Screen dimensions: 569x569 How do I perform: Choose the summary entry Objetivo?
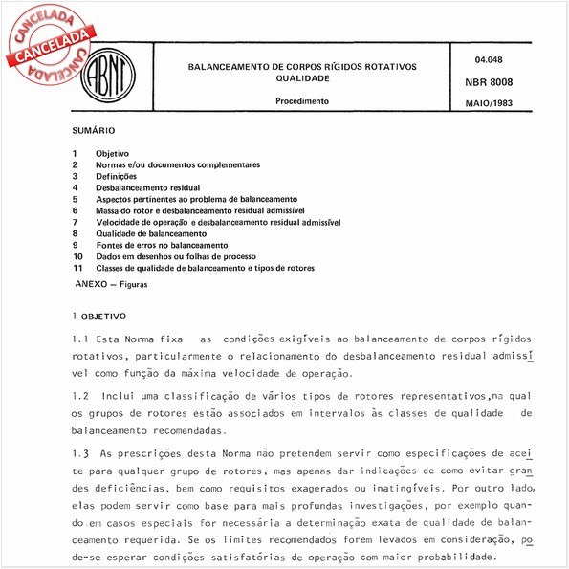[x=113, y=153]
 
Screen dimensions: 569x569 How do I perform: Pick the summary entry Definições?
[x=117, y=176]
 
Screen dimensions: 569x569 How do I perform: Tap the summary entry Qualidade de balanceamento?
[x=151, y=233]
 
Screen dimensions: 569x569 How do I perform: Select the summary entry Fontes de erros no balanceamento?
[x=161, y=245]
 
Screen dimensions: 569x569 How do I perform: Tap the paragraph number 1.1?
[x=80, y=339]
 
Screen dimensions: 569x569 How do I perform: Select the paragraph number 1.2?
[x=80, y=395]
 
